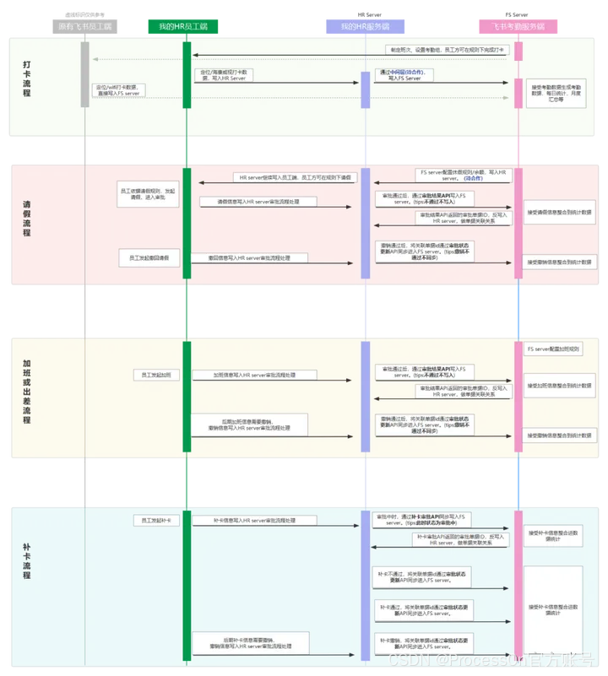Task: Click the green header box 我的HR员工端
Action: tap(183, 27)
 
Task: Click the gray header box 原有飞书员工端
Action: tap(84, 27)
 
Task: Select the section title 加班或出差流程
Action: tap(27, 391)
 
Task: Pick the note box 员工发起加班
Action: tap(156, 375)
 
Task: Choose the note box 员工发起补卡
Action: tap(156, 521)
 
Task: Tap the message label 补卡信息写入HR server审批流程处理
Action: tap(253, 521)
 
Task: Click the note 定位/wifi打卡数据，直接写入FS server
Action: tap(118, 90)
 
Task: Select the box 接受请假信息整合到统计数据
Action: tap(559, 212)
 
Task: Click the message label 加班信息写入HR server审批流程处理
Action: tap(253, 375)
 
